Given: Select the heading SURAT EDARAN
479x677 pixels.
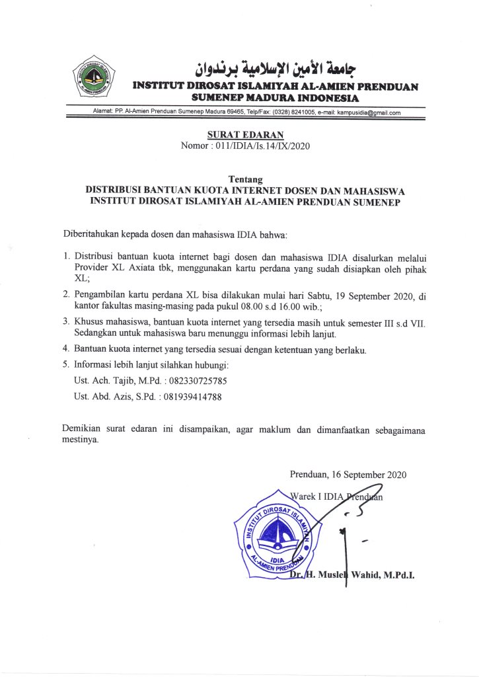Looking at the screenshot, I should tap(236, 135).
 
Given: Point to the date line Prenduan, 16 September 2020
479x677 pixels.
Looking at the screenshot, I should tap(348, 474).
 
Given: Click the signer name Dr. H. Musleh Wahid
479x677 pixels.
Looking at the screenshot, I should tap(352, 575).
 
